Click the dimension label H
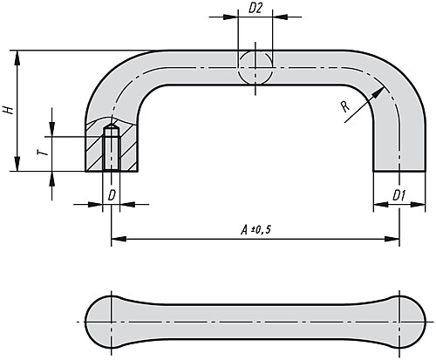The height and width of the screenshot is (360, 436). tap(8, 111)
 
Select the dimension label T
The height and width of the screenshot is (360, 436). tap(41, 152)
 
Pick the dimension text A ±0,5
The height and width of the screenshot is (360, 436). tap(255, 228)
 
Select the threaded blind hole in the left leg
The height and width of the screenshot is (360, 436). tap(111, 149)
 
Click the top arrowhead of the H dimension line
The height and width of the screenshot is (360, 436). tap(17, 55)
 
